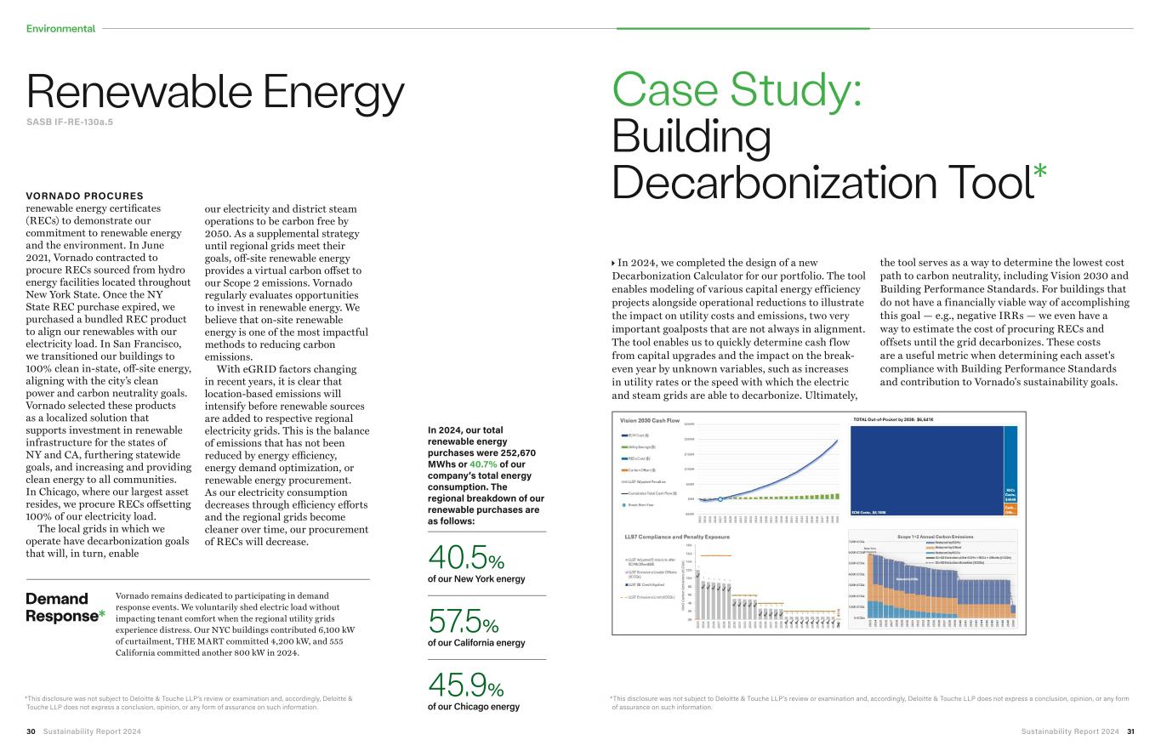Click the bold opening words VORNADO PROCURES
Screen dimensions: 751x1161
click(x=84, y=196)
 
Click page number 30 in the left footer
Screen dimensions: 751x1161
click(x=31, y=731)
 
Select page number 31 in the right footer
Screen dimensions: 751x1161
click(x=1130, y=731)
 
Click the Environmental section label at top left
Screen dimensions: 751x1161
click(x=60, y=29)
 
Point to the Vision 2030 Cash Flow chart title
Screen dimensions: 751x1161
click(x=650, y=421)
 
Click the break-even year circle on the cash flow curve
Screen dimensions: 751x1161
click(x=720, y=499)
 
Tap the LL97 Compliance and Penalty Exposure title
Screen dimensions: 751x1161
click(x=677, y=537)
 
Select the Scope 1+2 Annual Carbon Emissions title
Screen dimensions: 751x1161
click(x=935, y=537)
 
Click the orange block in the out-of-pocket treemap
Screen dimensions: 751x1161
click(x=1010, y=509)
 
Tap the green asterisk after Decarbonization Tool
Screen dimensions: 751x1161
click(x=1039, y=171)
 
